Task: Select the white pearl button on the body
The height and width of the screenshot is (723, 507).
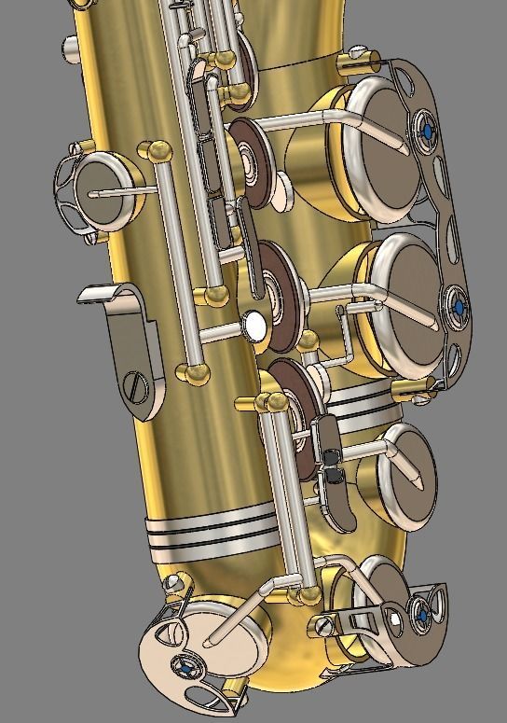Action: (x=253, y=324)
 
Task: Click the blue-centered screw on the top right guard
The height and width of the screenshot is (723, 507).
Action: (x=428, y=132)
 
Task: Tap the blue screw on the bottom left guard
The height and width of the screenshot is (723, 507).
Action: (x=189, y=667)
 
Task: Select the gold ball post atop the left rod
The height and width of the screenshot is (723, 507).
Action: (x=155, y=150)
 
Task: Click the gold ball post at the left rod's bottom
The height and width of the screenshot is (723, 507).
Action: (x=196, y=372)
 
